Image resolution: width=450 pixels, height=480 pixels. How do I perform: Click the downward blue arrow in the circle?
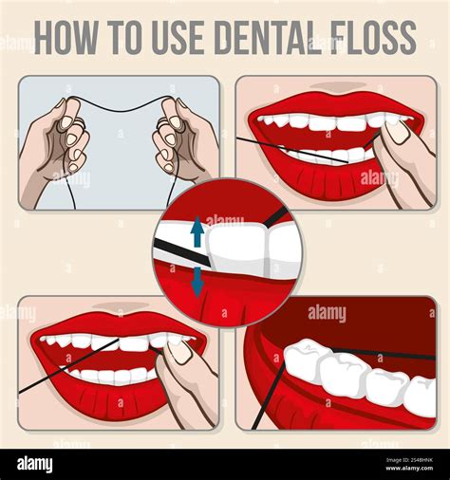197,282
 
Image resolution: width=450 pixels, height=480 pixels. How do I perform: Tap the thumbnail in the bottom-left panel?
179,351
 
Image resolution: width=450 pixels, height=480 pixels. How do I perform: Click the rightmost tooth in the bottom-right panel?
420,396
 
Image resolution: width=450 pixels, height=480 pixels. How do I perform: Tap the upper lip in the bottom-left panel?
114,323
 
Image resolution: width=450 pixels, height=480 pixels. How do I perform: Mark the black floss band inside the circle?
180,252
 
